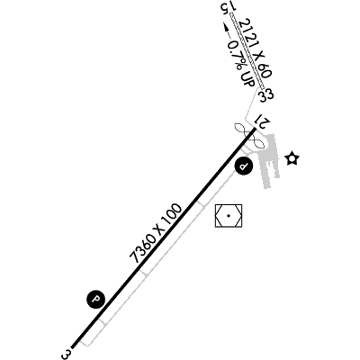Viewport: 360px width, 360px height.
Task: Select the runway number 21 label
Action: click(x=263, y=121)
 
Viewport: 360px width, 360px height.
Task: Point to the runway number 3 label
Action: click(x=67, y=354)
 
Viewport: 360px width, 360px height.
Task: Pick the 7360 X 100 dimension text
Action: click(x=156, y=233)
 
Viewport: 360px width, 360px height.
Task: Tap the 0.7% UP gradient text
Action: click(x=241, y=63)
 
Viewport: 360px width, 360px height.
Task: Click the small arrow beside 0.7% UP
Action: click(x=227, y=31)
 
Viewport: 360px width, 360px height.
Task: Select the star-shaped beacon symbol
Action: click(x=292, y=158)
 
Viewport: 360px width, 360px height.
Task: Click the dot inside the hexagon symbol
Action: click(x=229, y=216)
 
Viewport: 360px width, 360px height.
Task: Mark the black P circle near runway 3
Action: click(x=96, y=299)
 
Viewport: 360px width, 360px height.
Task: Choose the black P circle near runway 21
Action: click(x=244, y=166)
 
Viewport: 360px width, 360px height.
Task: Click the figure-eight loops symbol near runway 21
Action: click(x=250, y=135)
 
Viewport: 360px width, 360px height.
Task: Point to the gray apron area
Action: click(x=269, y=160)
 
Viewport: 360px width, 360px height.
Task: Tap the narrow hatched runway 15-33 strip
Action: click(x=247, y=51)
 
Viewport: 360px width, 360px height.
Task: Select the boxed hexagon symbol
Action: click(x=229, y=216)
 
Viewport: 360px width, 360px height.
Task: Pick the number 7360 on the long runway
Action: click(x=140, y=250)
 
